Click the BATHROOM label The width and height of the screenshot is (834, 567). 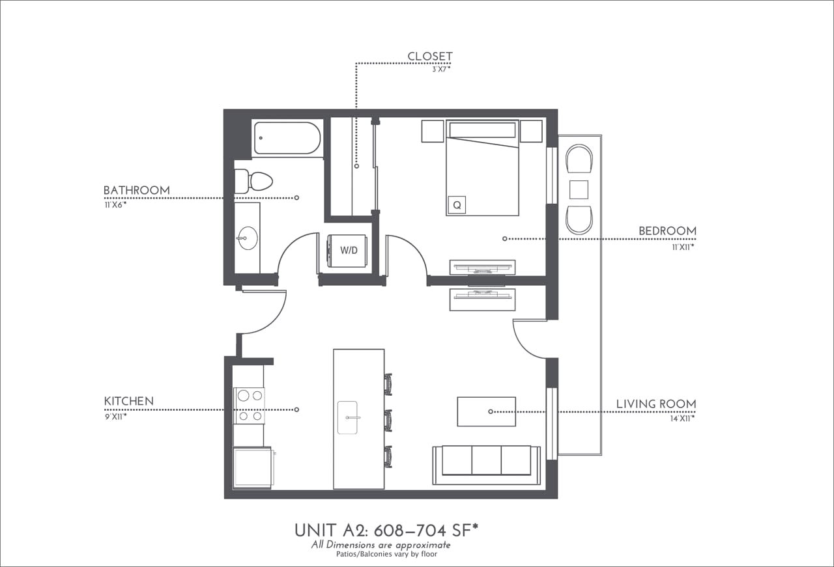click(136, 191)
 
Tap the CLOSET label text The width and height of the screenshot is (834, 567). click(429, 57)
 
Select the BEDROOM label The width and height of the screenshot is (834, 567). click(667, 231)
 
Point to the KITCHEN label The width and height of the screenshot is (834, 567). click(129, 402)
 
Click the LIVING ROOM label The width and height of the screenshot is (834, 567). click(655, 404)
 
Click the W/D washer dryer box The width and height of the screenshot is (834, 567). click(348, 251)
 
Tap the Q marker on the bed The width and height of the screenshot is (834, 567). click(457, 205)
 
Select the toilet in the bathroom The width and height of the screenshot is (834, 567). click(255, 181)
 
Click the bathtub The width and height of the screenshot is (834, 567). click(287, 139)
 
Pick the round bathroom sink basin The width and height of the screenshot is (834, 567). click(247, 238)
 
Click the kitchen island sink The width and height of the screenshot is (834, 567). click(348, 417)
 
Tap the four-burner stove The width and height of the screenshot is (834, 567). click(249, 406)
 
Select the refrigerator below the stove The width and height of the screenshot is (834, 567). click(252, 467)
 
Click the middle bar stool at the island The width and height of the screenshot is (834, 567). click(389, 420)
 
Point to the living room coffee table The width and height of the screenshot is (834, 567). click(486, 411)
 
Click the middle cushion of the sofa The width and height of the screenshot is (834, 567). click(486, 460)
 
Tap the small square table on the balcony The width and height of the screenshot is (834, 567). click(579, 189)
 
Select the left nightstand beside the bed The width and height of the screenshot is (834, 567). click(432, 131)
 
